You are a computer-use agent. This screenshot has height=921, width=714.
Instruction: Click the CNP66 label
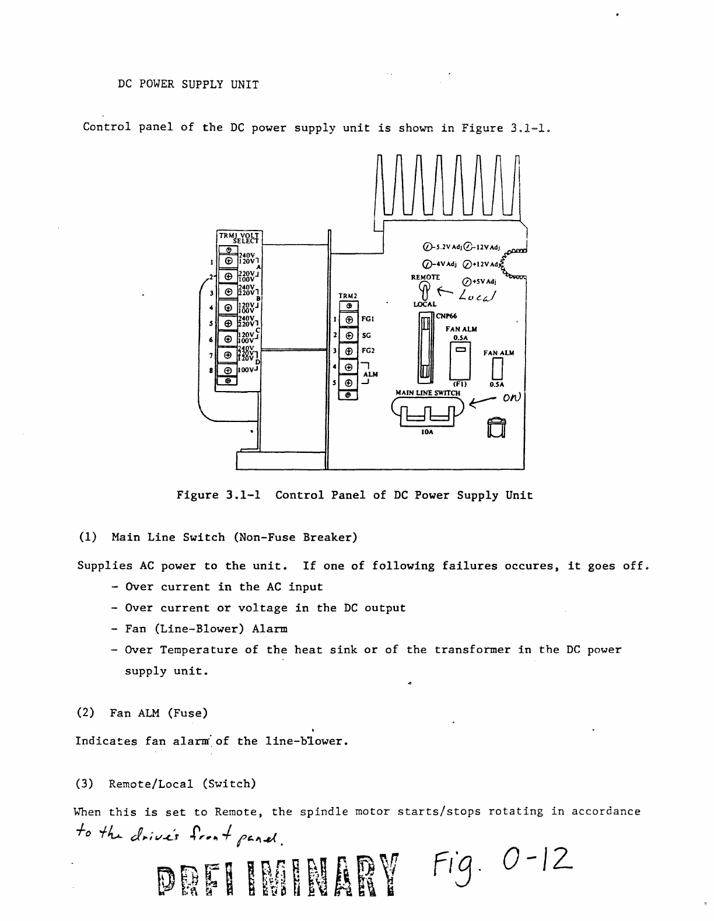(447, 316)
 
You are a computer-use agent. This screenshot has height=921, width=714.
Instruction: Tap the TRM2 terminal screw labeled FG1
(348, 320)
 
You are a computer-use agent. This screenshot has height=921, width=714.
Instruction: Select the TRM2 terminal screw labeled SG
(348, 336)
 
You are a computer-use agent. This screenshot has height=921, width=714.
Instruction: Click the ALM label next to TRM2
(370, 374)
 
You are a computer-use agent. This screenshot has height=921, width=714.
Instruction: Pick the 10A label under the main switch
(428, 432)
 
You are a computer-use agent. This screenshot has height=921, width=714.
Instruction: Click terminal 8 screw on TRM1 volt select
(228, 370)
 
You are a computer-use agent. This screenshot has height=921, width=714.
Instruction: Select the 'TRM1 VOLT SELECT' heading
(240, 237)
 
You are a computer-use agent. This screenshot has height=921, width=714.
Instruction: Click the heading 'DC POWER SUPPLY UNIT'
(188, 84)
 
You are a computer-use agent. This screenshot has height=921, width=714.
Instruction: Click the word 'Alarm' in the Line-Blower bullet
(270, 629)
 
